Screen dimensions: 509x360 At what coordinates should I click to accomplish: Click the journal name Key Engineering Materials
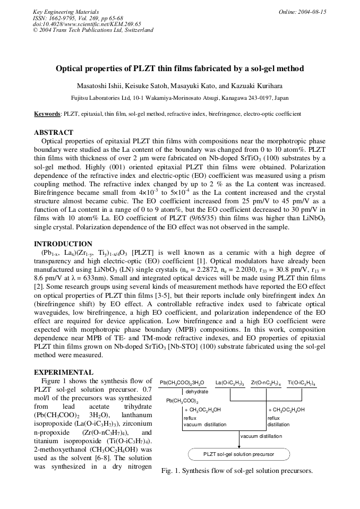pos(63,11)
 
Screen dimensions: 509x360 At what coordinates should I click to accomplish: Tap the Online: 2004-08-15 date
pos(302,11)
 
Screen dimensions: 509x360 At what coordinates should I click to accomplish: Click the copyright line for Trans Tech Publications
pos(93,30)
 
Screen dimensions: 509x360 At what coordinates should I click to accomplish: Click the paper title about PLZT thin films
pos(180,68)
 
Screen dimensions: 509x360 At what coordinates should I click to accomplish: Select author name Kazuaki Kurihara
pos(258,86)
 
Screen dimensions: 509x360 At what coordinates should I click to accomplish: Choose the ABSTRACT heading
pos(54,132)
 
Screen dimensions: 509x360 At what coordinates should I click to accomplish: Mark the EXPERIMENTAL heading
pos(63,372)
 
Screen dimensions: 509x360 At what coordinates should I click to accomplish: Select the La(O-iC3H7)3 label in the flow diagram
pos(230,382)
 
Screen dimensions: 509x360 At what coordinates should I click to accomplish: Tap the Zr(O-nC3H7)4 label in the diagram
pos(266,382)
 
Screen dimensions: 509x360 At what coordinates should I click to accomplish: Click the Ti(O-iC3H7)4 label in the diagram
pos(302,382)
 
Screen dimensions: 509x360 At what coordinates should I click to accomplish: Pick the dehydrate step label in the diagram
pos(197,392)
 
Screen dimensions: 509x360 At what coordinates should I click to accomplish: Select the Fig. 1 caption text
pos(237,471)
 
